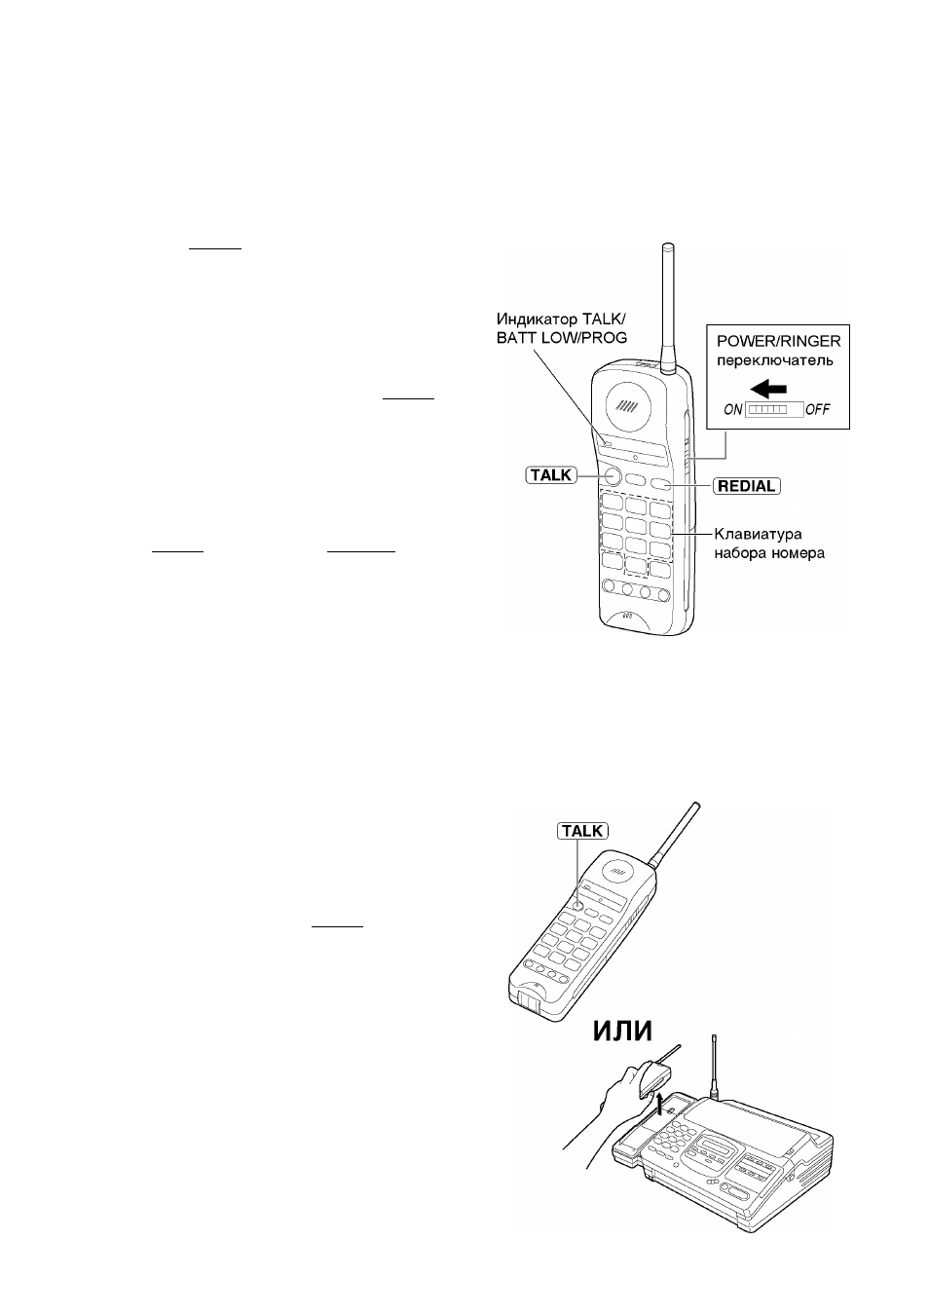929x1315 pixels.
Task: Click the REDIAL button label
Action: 747,486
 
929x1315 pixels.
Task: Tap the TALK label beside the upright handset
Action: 551,475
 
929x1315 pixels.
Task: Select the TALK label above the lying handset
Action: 582,831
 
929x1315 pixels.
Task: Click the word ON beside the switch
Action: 733,409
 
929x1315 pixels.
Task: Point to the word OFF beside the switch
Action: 817,409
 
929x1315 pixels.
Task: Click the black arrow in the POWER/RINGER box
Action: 768,389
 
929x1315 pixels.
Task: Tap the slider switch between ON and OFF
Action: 774,410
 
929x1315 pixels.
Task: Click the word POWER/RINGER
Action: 779,341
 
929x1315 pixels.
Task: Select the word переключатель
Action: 775,360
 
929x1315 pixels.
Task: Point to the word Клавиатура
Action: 758,535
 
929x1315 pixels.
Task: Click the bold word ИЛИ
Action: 622,1031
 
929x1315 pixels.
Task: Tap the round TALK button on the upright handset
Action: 611,475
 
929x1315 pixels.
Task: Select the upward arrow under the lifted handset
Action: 660,1103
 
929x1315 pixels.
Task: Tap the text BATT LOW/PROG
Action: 562,338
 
